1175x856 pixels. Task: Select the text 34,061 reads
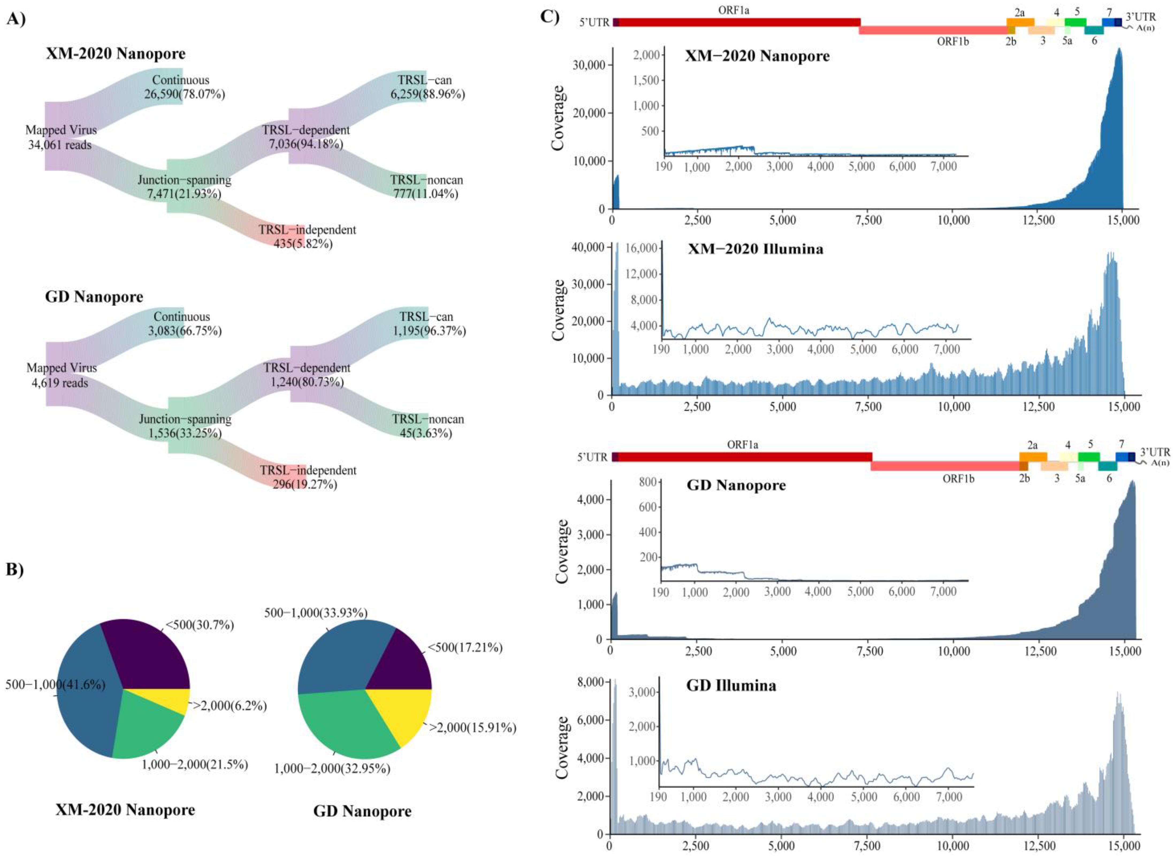(x=60, y=145)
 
